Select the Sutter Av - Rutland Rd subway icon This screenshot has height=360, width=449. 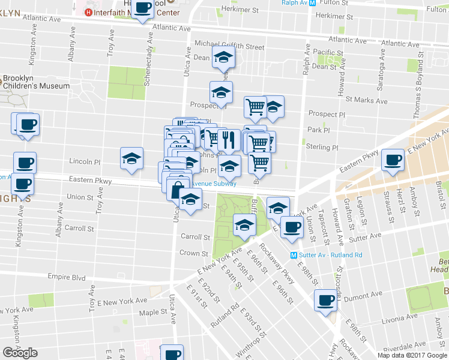point(294,254)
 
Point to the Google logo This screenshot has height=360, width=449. point(20,353)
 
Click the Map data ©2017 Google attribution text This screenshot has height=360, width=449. point(412,355)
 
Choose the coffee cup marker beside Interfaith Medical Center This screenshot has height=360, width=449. point(142,8)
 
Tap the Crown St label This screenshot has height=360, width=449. point(193,253)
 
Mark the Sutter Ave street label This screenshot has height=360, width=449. point(366,237)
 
